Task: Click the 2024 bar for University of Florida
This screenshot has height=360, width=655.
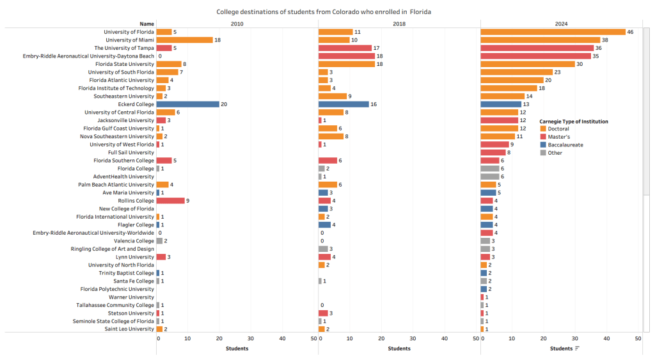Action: pyautogui.click(x=553, y=32)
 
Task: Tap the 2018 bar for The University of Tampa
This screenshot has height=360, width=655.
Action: pyautogui.click(x=345, y=48)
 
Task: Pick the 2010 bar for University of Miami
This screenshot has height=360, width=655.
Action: pyautogui.click(x=184, y=40)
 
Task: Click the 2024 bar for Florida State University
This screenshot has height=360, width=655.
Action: pyautogui.click(x=528, y=64)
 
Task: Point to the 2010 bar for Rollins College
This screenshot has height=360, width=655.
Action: pyautogui.click(x=170, y=201)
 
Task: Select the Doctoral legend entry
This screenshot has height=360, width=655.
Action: pyautogui.click(x=558, y=129)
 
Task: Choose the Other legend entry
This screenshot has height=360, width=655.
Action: pyautogui.click(x=555, y=153)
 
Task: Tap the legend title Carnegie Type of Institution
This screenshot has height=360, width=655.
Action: pyautogui.click(x=573, y=121)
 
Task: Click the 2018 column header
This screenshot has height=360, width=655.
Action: pyautogui.click(x=399, y=24)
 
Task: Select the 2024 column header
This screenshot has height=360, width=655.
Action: pyautogui.click(x=561, y=24)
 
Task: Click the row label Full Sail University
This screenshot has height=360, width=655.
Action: pyautogui.click(x=131, y=153)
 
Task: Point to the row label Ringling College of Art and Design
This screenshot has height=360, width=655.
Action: pyautogui.click(x=113, y=249)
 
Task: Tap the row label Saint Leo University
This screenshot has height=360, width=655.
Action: pyautogui.click(x=130, y=329)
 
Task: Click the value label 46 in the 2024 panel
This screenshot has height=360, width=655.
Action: pyautogui.click(x=631, y=32)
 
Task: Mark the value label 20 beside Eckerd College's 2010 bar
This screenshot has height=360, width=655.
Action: pyautogui.click(x=224, y=104)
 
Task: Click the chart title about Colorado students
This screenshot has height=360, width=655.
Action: pyautogui.click(x=324, y=12)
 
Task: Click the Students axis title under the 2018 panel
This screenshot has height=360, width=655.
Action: pyautogui.click(x=399, y=348)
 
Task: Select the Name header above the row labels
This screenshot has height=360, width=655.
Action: pyautogui.click(x=147, y=24)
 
